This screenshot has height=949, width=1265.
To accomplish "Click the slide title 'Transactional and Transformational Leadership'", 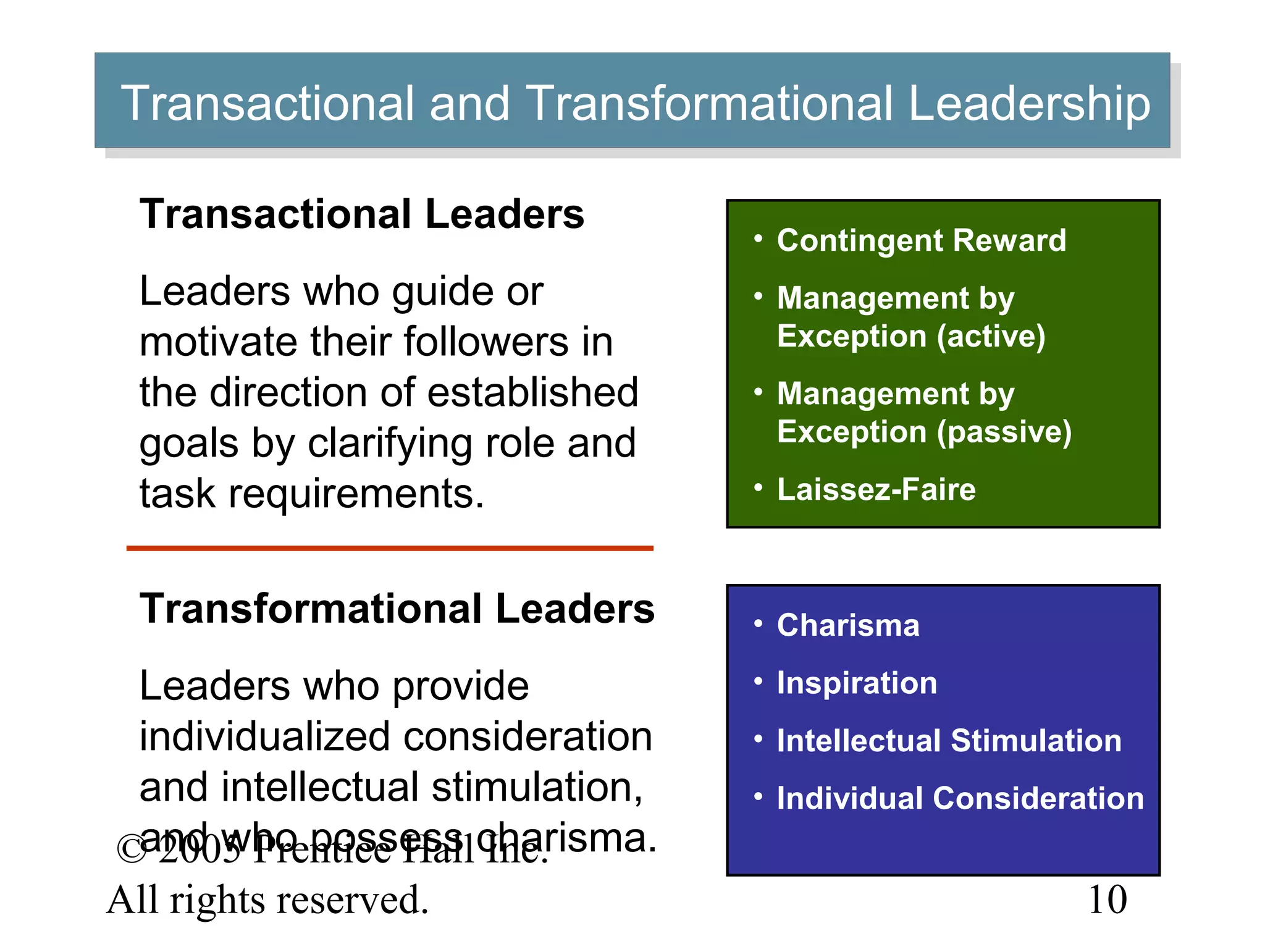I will pos(635,103).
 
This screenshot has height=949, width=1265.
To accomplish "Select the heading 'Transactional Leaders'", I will pos(362,214).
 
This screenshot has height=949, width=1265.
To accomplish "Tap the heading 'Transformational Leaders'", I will pos(397,609).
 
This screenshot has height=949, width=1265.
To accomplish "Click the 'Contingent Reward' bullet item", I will pos(921,240).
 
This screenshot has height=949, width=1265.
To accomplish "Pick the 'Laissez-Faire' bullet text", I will pos(876,489).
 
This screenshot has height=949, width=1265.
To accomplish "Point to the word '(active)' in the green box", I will pos(991,336).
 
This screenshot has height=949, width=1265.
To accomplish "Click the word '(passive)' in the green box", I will pos(1004,431).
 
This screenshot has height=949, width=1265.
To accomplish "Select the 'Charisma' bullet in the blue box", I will pos(848,625).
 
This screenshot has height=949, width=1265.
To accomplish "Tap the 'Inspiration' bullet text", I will pos(857,683).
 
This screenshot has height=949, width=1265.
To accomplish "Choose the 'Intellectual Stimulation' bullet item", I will pos(949,741).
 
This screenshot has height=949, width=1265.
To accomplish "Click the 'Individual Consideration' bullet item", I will pos(960,798).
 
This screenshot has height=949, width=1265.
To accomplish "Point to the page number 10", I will pos(1107,900).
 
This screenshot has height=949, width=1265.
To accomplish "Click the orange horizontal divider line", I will pos(390,548).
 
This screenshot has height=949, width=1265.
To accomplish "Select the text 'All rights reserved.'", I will pos(267,900).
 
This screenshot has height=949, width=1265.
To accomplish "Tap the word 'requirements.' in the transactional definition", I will pos(356,494).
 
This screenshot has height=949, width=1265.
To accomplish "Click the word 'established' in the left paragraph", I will pos(532,393).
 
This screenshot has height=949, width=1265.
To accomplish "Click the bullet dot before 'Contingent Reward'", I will pos(759,238).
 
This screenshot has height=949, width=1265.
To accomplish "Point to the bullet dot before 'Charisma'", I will pos(759,623).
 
